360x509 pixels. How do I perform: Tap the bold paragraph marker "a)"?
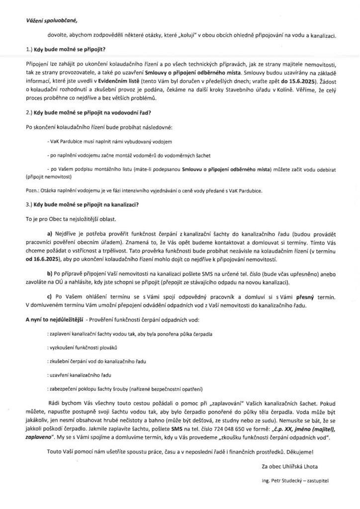coord(49,233)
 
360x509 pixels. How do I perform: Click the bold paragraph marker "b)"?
coord(49,274)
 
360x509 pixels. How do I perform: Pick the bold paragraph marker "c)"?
coord(49,297)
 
